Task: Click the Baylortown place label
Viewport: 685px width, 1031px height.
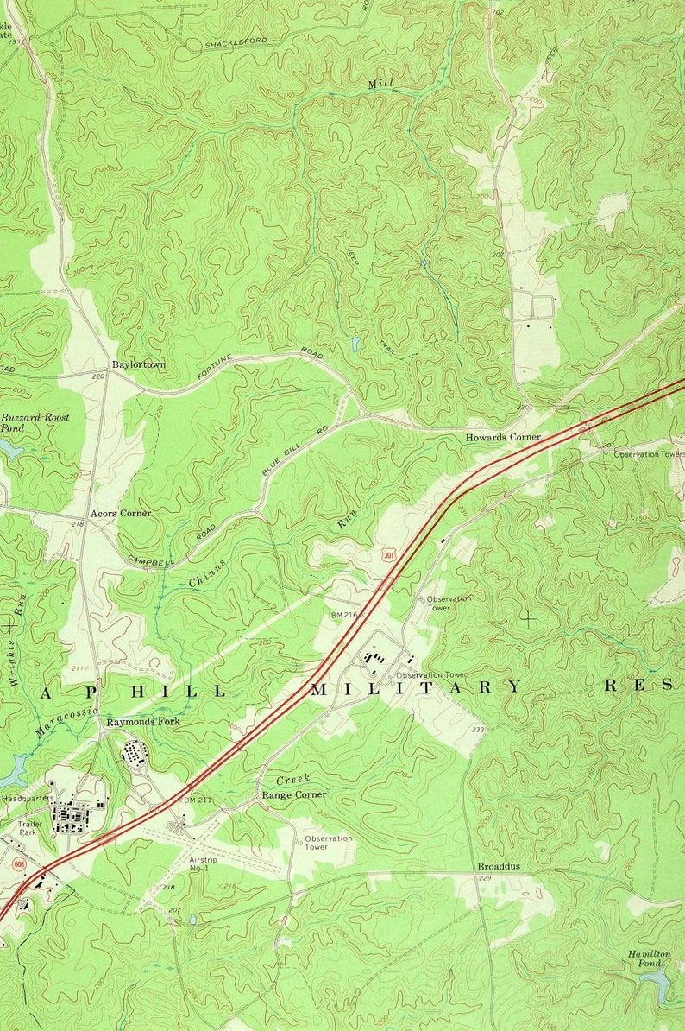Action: pyautogui.click(x=138, y=365)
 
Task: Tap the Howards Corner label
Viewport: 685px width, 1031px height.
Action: pyautogui.click(x=503, y=437)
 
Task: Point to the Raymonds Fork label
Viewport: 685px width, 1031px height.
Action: pyautogui.click(x=143, y=721)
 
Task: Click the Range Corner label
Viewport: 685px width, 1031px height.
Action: pyautogui.click(x=294, y=794)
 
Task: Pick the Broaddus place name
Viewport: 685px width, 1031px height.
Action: pyautogui.click(x=499, y=866)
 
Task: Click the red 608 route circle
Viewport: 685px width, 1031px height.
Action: pyautogui.click(x=19, y=863)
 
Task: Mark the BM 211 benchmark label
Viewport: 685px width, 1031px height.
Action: pyautogui.click(x=197, y=800)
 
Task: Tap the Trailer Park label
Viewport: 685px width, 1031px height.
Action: pyautogui.click(x=30, y=829)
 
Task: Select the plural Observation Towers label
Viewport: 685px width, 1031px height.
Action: pyautogui.click(x=649, y=454)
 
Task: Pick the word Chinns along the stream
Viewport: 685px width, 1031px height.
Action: pyautogui.click(x=207, y=573)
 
